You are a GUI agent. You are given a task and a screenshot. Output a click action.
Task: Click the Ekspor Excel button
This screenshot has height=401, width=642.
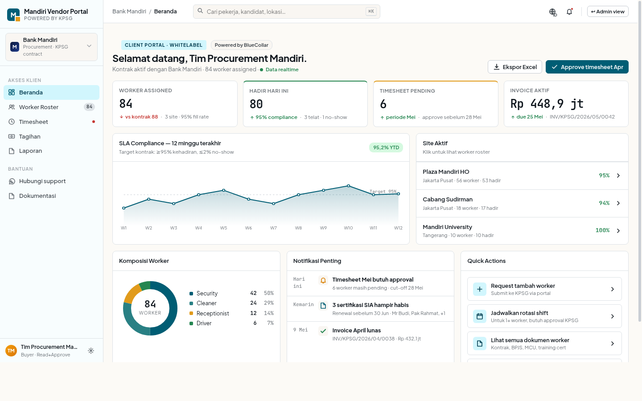point(515,67)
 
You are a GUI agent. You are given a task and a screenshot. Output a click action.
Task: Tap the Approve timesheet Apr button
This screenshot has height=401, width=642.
point(587,67)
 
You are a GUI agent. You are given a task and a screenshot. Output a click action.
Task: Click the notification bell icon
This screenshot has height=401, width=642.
point(569,12)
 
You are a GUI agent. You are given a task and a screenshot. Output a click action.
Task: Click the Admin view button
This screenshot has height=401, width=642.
point(608,12)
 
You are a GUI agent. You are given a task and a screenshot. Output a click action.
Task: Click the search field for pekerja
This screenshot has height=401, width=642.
point(287,12)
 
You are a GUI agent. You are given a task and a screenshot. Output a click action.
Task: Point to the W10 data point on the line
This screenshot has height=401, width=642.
point(349,186)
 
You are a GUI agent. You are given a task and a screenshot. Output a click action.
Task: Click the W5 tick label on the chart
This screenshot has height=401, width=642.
point(223,228)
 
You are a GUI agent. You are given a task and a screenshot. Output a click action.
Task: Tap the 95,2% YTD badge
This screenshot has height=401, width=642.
point(386,147)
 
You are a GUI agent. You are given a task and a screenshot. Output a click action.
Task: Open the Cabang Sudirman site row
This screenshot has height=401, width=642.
point(522,203)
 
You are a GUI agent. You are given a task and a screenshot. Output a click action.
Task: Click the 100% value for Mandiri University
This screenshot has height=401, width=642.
point(602,230)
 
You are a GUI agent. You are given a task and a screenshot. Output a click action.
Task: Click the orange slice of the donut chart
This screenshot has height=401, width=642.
point(130,295)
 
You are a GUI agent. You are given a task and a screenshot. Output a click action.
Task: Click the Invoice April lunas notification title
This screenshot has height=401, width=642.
point(357,330)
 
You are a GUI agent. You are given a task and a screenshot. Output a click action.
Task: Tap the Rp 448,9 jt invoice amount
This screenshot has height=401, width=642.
point(547,104)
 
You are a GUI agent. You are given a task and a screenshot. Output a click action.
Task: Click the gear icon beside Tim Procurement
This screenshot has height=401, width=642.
point(91,351)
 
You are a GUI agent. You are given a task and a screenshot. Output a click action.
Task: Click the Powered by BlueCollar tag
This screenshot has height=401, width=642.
point(241,45)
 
